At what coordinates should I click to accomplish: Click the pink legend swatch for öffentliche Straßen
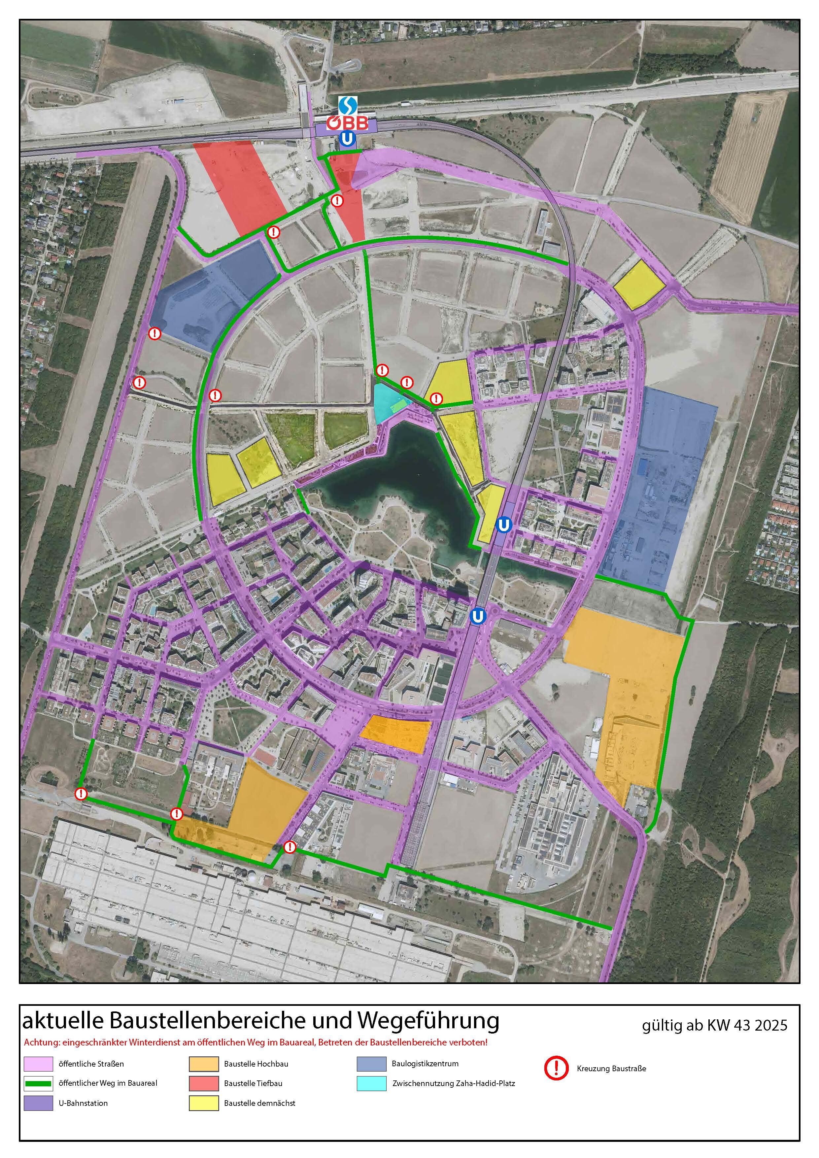(38, 1064)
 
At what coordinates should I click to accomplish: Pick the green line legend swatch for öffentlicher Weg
(38, 1083)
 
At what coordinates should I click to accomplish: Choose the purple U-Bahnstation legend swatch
(38, 1103)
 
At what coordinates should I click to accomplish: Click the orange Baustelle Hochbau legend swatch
(204, 1064)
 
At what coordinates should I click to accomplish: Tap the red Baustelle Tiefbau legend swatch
(204, 1083)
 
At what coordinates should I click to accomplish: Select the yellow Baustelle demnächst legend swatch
(204, 1103)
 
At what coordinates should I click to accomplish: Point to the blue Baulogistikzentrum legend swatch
(371, 1064)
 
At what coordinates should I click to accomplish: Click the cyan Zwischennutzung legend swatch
(371, 1083)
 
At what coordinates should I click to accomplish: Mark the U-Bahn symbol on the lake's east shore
(503, 525)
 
